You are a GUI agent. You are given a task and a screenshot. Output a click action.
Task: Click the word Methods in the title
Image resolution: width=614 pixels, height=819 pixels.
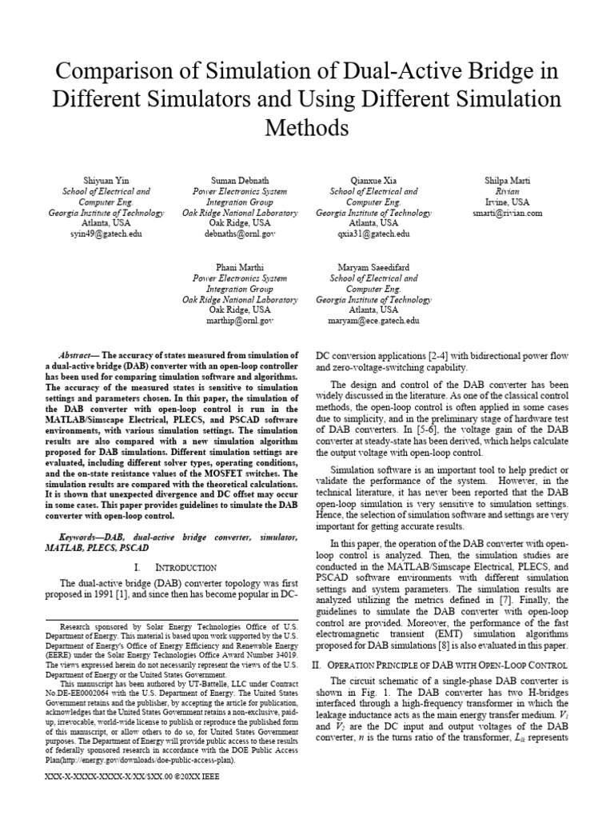[307, 128]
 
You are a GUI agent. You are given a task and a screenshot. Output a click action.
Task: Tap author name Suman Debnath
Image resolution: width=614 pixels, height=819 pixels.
[241, 181]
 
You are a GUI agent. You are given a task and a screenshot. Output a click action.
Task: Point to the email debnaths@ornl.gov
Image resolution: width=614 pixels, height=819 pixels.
[241, 234]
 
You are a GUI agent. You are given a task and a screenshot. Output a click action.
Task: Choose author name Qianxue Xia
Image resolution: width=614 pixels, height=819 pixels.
[373, 181]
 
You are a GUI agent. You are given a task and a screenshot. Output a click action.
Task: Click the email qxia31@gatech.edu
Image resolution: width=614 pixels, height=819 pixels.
[373, 234]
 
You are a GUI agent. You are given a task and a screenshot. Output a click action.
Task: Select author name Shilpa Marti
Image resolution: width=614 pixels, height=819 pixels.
[507, 181]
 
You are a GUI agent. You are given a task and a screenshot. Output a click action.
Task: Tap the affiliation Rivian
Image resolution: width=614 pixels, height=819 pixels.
[507, 192]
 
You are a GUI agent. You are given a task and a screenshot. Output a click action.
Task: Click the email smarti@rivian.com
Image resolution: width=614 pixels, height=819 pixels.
[507, 214]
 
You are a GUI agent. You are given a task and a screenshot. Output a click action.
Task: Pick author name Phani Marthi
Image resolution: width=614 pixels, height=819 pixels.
[241, 267]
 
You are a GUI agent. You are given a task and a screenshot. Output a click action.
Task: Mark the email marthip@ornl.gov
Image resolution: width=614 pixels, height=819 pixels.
[241, 320]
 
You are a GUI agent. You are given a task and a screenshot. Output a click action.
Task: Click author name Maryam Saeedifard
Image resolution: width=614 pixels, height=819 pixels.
[373, 267]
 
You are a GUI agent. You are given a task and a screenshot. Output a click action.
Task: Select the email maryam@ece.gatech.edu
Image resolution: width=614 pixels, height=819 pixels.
[373, 320]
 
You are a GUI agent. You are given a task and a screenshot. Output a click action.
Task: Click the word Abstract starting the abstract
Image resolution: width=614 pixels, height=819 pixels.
[78, 354]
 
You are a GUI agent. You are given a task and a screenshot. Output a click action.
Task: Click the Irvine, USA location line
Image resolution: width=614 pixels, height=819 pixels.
[507, 202]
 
